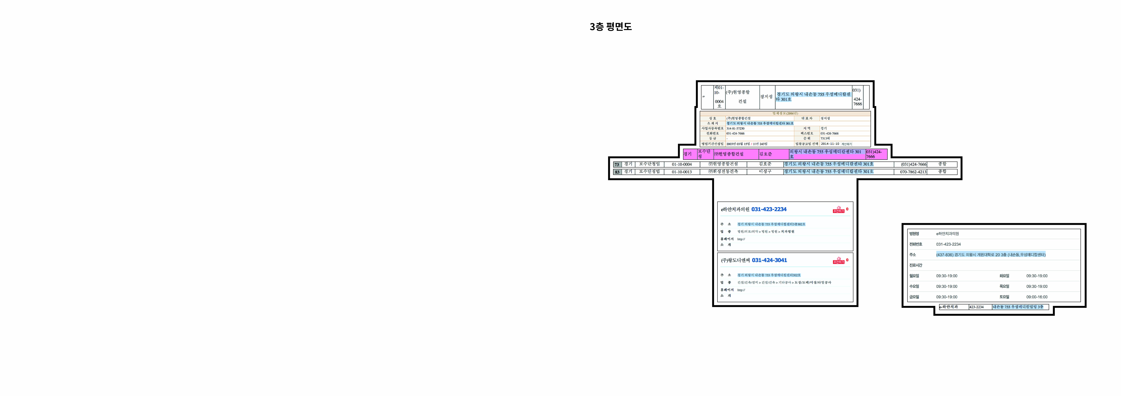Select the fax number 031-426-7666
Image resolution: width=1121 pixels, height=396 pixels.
coord(829,133)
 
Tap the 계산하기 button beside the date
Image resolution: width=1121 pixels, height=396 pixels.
coord(847,144)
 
